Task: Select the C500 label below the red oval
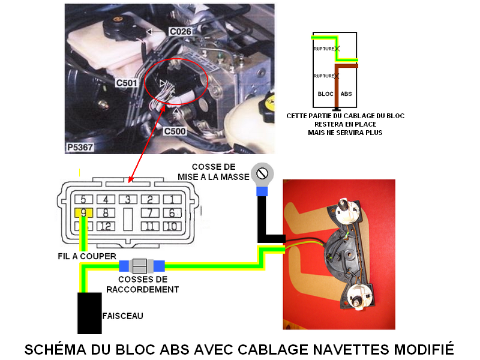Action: pyautogui.click(x=175, y=130)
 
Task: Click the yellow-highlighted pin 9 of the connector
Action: pyautogui.click(x=83, y=212)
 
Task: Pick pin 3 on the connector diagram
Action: pyautogui.click(x=127, y=199)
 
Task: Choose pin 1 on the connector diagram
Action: pyautogui.click(x=172, y=199)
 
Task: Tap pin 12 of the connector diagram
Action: pyautogui.click(x=106, y=226)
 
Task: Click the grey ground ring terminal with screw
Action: pyautogui.click(x=262, y=174)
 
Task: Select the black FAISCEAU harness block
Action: pyautogui.click(x=89, y=313)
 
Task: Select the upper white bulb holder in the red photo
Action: pyautogui.click(x=346, y=206)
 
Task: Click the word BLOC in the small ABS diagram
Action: pyautogui.click(x=325, y=94)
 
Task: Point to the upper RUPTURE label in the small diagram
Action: pyautogui.click(x=324, y=48)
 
